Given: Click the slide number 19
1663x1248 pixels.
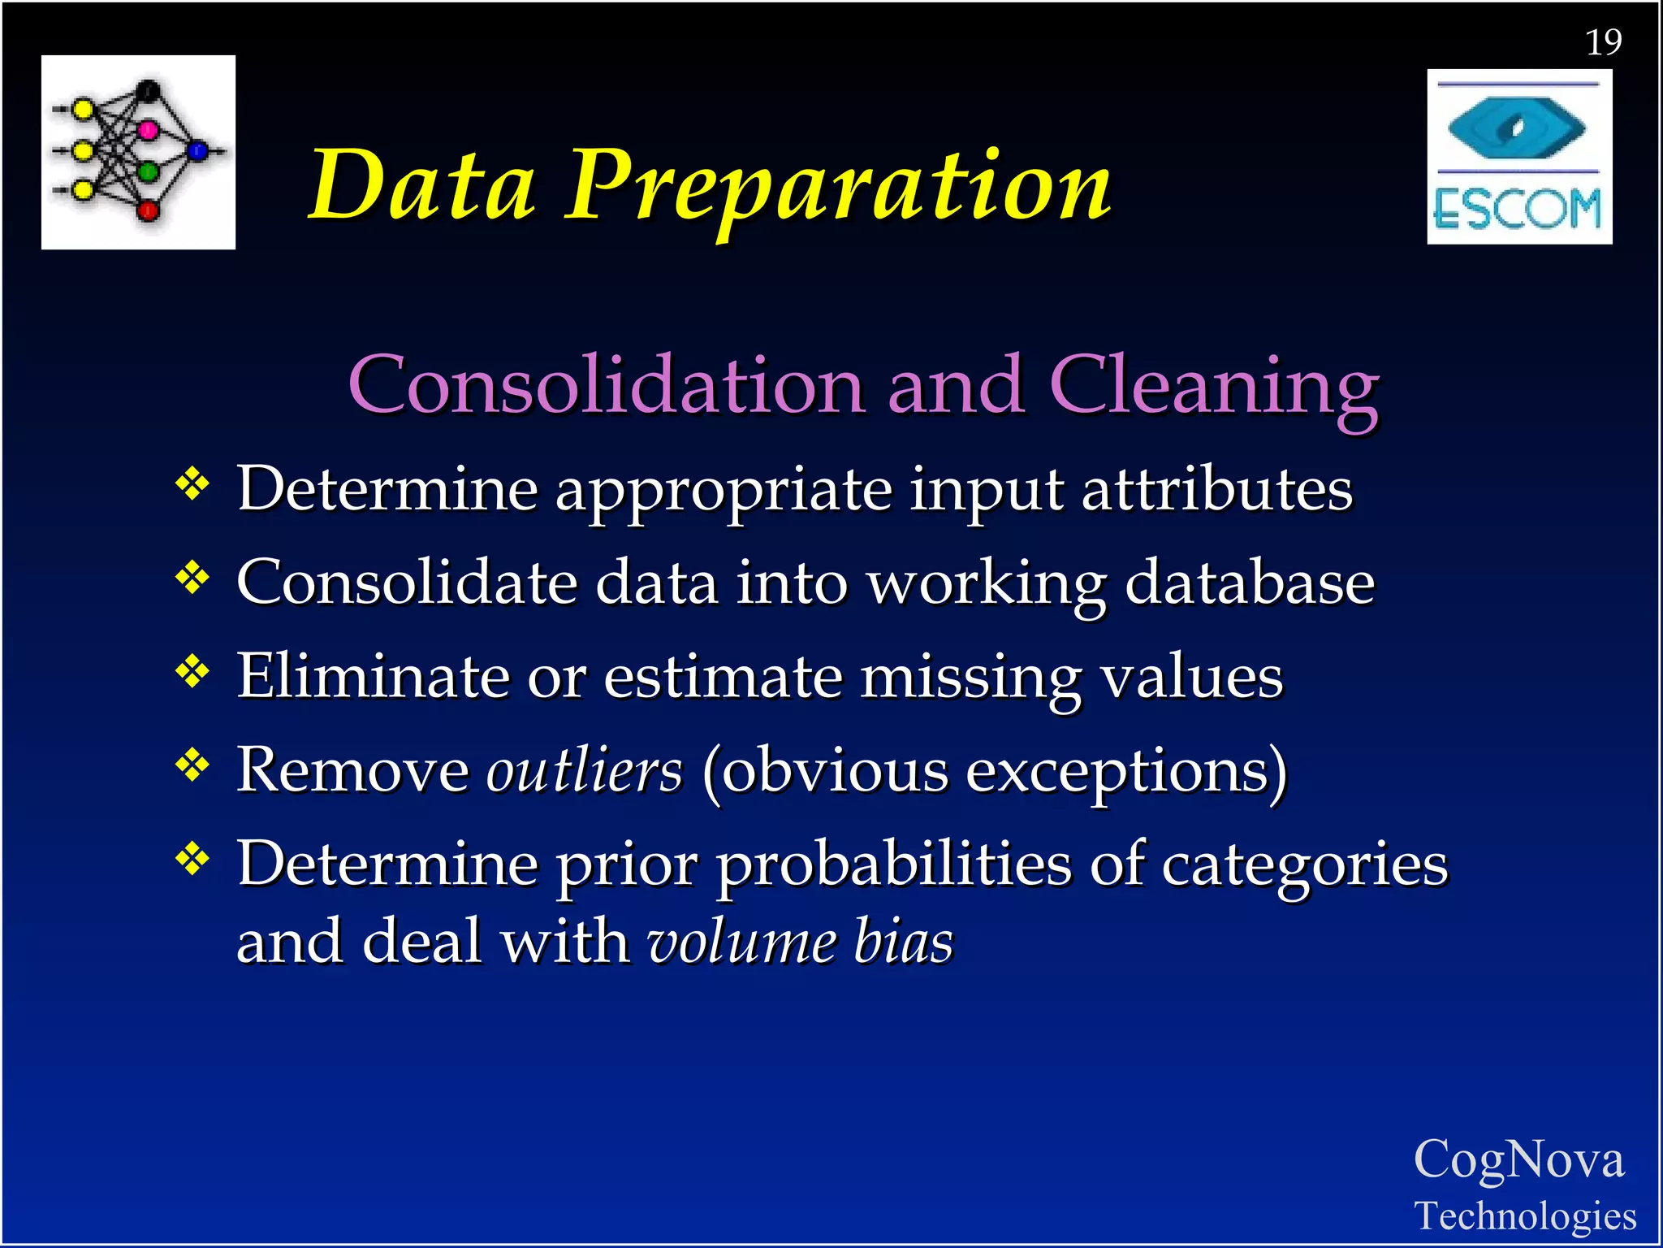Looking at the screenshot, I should coord(1603,42).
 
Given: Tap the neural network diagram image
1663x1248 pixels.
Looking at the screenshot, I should coord(138,152).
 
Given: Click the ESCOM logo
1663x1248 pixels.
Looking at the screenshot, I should coord(1518,157).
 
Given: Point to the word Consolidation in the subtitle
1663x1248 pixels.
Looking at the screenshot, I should coord(606,386).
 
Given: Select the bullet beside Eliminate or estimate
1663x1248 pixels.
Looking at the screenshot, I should coord(192,672).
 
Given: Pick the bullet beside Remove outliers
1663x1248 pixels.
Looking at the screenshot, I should coord(192,765).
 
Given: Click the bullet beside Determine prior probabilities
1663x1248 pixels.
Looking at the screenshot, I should coord(192,859).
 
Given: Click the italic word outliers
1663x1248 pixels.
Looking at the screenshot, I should coord(584,770).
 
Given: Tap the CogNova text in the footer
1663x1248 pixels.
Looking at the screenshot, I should coord(1518,1159).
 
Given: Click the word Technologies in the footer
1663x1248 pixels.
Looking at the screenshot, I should coord(1525,1216).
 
